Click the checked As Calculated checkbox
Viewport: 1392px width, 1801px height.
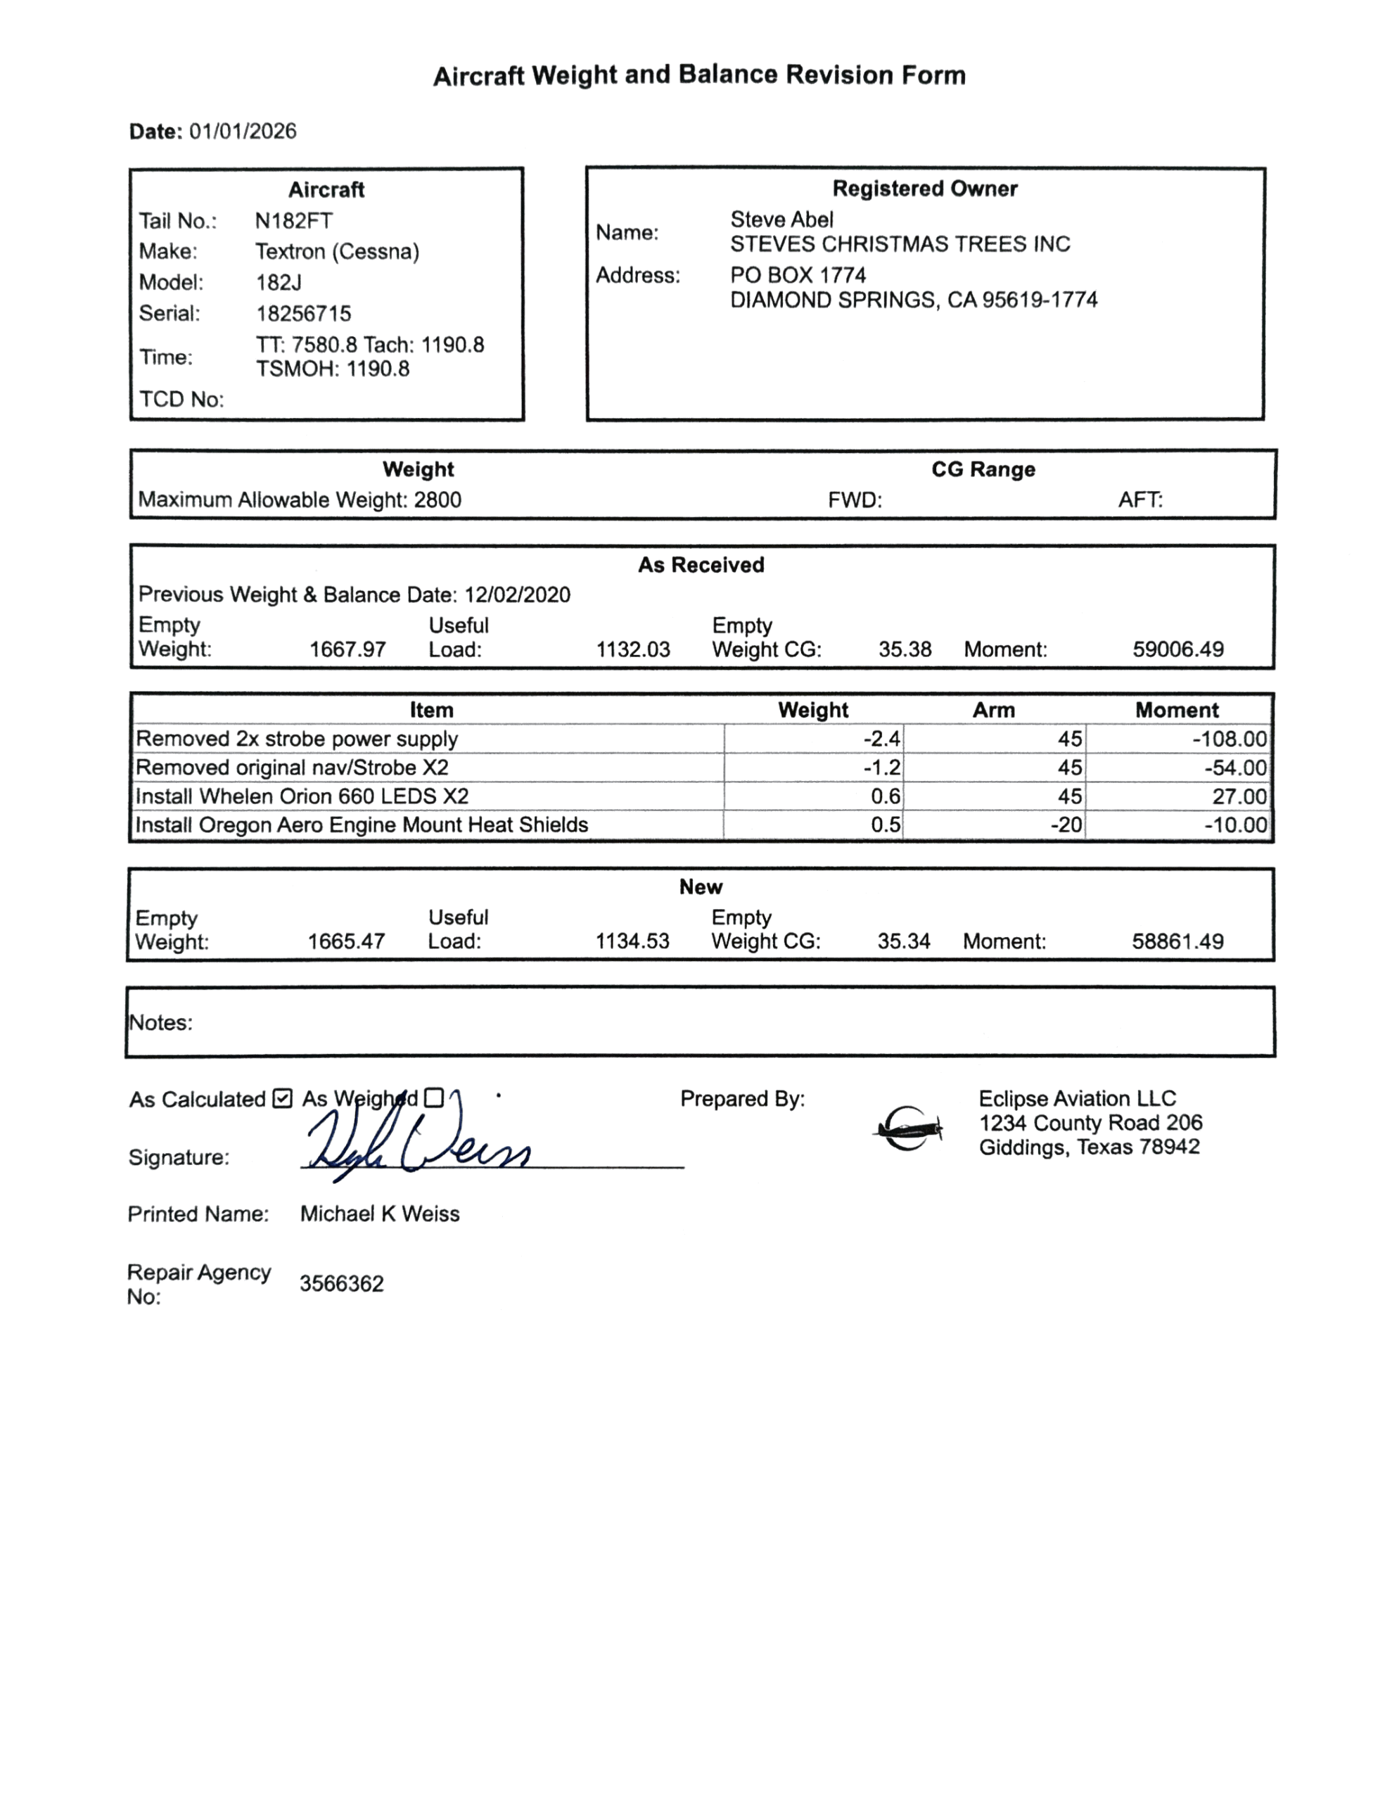click(282, 1098)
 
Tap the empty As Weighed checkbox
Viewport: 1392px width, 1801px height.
click(434, 1097)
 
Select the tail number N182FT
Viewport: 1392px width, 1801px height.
click(293, 221)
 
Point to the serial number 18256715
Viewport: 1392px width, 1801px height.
click(303, 313)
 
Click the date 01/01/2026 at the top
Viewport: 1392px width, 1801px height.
click(243, 132)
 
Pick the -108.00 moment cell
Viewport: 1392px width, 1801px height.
click(1229, 739)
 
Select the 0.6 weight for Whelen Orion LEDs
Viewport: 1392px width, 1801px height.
click(886, 796)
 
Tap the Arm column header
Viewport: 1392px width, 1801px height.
click(993, 710)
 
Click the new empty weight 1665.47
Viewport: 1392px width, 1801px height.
click(346, 942)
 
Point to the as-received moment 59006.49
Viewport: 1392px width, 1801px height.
click(1177, 650)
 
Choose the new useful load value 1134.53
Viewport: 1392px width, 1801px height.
click(632, 942)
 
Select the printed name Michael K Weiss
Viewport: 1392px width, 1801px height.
click(379, 1214)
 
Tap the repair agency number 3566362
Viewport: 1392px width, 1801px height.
click(341, 1284)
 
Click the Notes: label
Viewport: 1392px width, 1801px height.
click(161, 1022)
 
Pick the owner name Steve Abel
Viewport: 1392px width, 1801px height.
click(781, 219)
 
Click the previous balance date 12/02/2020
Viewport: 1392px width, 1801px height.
click(517, 595)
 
